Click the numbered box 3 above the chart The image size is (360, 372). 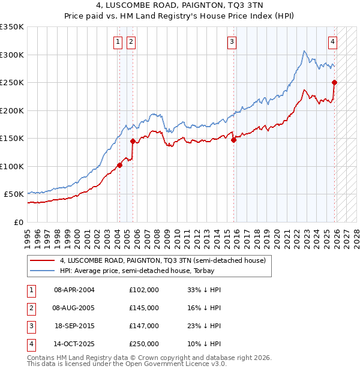click(232, 42)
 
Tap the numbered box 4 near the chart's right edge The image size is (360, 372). click(332, 42)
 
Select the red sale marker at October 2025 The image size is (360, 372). click(334, 83)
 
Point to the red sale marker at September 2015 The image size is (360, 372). click(233, 140)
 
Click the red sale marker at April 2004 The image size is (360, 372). click(119, 165)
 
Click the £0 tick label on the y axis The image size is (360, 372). click(18, 222)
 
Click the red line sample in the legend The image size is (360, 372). click(41, 260)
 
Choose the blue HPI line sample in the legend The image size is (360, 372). click(41, 271)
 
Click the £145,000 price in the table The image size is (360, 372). click(143, 307)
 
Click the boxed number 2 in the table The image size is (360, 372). click(31, 307)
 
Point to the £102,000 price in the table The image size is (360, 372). click(143, 289)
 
